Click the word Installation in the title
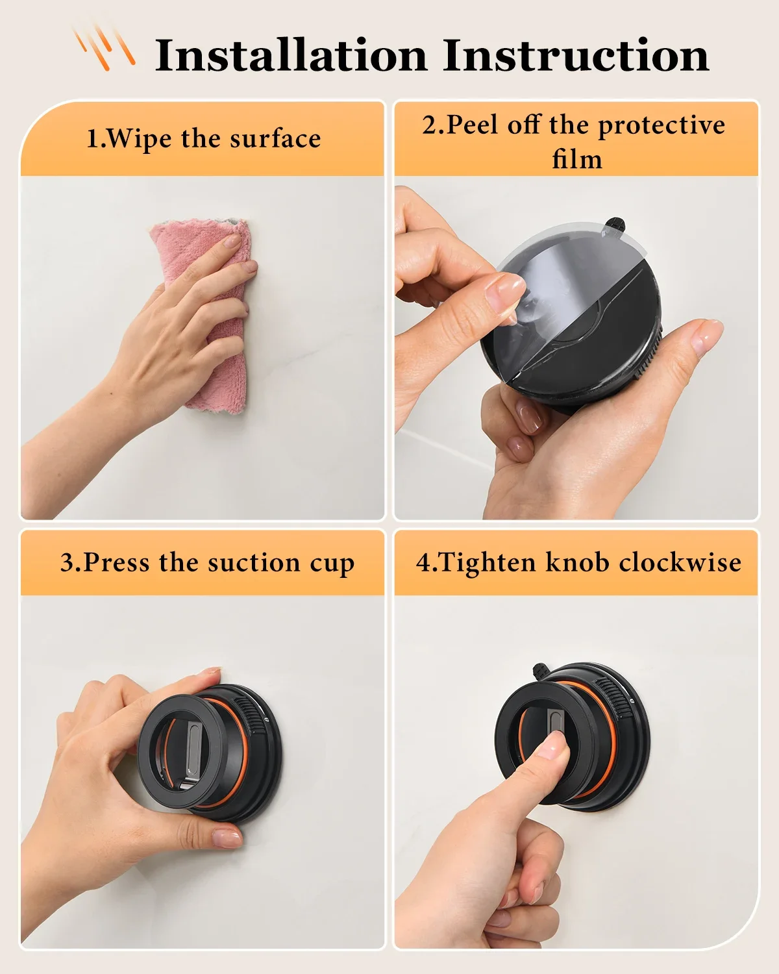(x=291, y=55)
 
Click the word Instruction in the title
(x=576, y=55)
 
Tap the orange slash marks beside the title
(x=104, y=47)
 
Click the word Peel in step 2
(x=474, y=125)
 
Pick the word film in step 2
(x=576, y=159)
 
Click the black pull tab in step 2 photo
(x=614, y=227)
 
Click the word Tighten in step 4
(x=477, y=562)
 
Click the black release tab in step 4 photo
(x=538, y=671)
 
